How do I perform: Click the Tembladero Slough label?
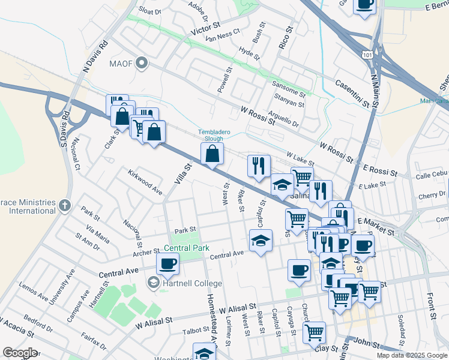(211, 136)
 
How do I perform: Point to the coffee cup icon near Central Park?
(167, 262)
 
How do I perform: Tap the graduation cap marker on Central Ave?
(260, 241)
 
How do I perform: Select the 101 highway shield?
(366, 55)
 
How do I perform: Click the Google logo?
(20, 353)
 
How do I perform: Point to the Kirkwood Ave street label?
(145, 182)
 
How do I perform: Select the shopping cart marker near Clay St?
(314, 332)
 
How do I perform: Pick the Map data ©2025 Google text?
(412, 355)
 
